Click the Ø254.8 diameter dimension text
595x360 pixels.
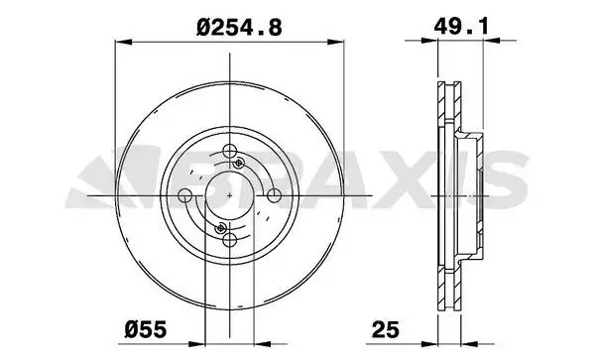[239, 28]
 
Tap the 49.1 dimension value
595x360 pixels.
[461, 27]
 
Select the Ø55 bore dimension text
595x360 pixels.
[146, 329]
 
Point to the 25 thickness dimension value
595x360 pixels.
[386, 329]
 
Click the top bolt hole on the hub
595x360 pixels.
[230, 151]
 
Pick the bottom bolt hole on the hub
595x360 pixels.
[230, 240]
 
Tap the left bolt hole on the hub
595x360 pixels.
[185, 195]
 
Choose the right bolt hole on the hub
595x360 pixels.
[274, 195]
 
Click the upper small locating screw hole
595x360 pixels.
[239, 163]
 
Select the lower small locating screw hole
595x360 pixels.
[220, 228]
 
